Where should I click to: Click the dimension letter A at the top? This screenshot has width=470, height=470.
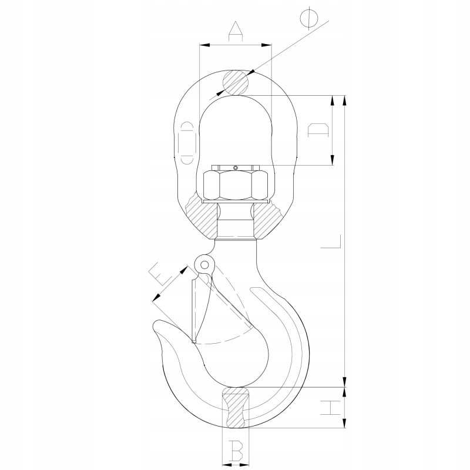(x=236, y=31)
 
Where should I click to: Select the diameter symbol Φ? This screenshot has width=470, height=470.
(x=308, y=17)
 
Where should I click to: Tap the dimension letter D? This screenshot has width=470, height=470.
(x=318, y=130)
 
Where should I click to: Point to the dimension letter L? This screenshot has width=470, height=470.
(x=331, y=241)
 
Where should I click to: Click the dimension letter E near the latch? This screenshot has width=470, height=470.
(x=160, y=274)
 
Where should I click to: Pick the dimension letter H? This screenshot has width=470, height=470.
(x=330, y=407)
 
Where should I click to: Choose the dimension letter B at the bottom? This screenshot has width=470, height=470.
(x=236, y=451)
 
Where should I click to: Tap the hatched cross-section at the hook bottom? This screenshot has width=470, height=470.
(x=236, y=407)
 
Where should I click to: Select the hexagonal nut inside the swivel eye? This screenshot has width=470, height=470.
(x=236, y=185)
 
